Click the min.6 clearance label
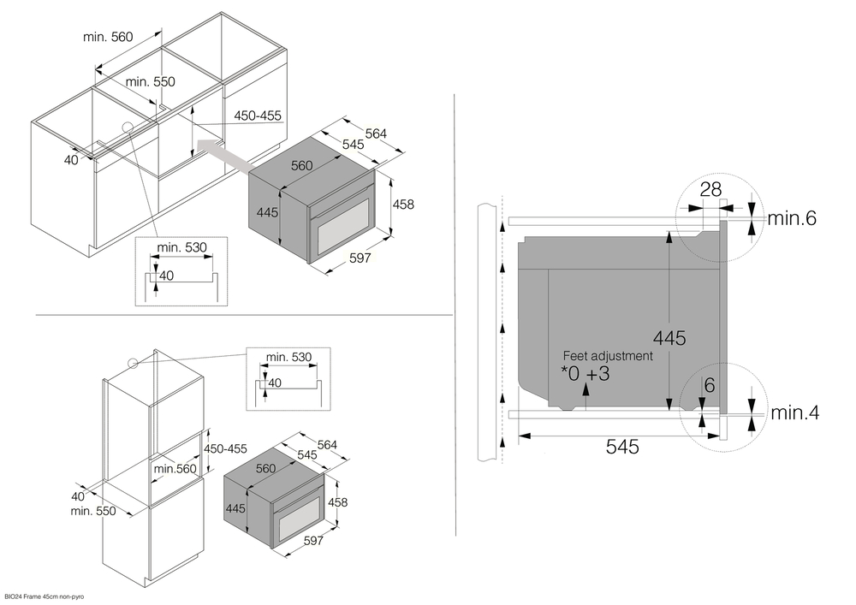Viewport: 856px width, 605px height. tap(792, 218)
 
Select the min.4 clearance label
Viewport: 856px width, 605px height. tap(794, 413)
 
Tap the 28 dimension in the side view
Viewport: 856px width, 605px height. tap(710, 189)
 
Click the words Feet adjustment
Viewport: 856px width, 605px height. tap(608, 355)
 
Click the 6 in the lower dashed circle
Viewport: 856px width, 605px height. tap(709, 386)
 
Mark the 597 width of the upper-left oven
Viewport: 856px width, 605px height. tap(360, 258)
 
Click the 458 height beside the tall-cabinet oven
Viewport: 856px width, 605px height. tap(337, 502)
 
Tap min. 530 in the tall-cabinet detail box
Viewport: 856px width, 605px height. tap(288, 356)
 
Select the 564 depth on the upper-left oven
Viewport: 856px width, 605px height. tap(376, 133)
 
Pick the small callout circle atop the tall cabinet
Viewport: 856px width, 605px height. tap(133, 362)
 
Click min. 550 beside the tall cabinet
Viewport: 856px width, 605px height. tap(93, 511)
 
